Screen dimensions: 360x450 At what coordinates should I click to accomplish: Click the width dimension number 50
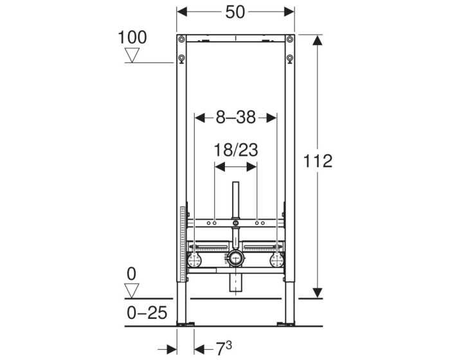[x=236, y=12]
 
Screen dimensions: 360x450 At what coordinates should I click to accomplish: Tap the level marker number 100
[x=132, y=37]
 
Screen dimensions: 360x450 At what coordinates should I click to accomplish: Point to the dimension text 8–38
[x=235, y=117]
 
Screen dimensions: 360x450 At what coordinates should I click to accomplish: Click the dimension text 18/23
[x=235, y=150]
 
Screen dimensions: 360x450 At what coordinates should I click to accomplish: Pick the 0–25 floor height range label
[x=147, y=313]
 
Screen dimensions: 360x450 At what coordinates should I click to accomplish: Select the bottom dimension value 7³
[x=223, y=348]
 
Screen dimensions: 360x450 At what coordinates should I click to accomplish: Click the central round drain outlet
[x=235, y=259]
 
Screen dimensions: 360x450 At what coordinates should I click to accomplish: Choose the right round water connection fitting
[x=277, y=260]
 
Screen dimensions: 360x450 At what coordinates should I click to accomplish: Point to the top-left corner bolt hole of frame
[x=182, y=60]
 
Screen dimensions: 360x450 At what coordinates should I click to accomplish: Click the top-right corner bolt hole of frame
[x=290, y=60]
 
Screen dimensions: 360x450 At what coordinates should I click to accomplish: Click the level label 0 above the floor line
[x=132, y=274]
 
